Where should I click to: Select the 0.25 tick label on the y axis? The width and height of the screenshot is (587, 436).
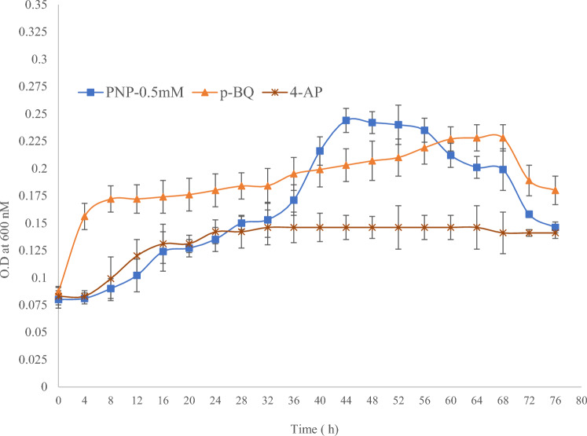tap(34, 114)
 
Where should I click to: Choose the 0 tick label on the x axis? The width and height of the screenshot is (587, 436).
tap(58, 400)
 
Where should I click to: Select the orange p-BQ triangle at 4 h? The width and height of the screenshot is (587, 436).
tap(85, 216)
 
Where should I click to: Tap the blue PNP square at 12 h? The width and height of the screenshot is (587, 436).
tap(137, 276)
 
